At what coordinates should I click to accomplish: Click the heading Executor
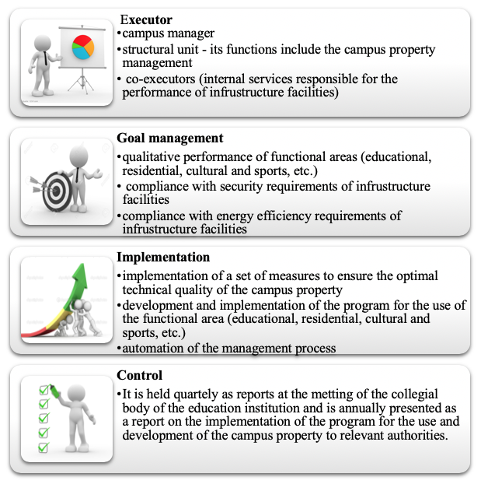(x=146, y=19)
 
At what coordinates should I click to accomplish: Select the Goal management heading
(x=170, y=138)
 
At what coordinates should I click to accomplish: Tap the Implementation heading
(x=163, y=257)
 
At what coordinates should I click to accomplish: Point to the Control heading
(x=139, y=375)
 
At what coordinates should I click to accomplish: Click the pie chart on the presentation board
(x=83, y=47)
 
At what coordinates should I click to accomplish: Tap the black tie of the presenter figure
(x=46, y=58)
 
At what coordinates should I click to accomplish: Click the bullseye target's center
(x=56, y=191)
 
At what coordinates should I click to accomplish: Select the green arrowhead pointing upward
(x=81, y=276)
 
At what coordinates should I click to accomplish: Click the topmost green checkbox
(x=44, y=390)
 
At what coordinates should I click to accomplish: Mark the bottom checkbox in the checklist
(x=44, y=447)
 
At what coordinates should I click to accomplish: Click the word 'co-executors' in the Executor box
(x=160, y=79)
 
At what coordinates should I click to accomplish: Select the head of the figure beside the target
(x=79, y=156)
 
